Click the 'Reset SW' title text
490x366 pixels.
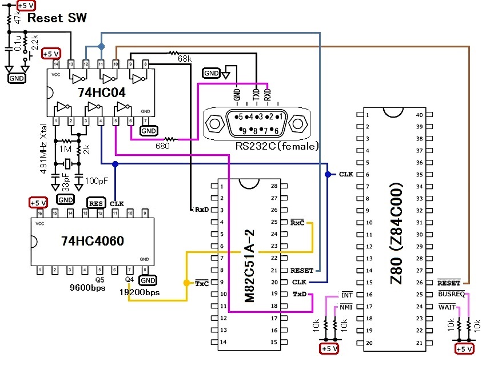pos(57,18)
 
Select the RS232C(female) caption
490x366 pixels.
pos(277,146)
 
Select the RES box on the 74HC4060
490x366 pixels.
pos(95,203)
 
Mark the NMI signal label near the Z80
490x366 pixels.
pos(346,307)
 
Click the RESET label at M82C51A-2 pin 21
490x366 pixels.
pos(302,271)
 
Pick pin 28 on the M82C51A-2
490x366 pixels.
pos(275,186)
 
